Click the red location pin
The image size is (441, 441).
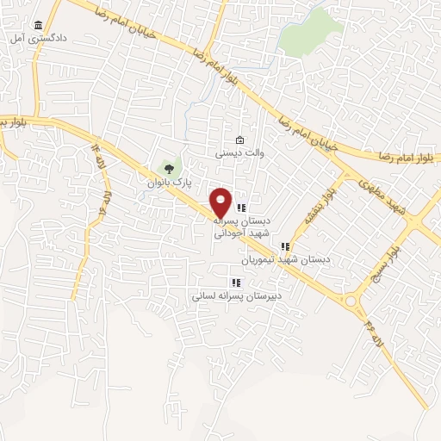coord(221,202)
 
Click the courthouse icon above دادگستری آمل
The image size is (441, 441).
coord(36,26)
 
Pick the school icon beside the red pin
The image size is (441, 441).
coord(242,207)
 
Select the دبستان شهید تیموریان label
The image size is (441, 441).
coord(284,259)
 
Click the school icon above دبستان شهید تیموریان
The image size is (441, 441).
coord(285,246)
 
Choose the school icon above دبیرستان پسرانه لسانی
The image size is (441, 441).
coord(236,282)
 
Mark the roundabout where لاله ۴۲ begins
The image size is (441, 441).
coord(351,301)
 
